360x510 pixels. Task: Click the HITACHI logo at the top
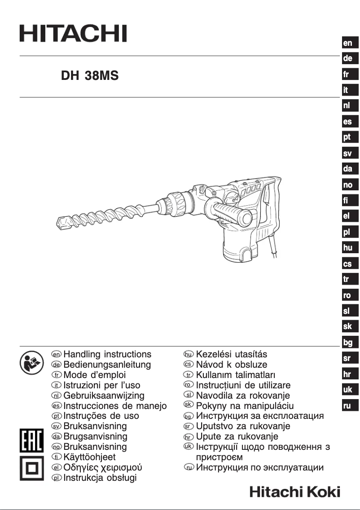73,33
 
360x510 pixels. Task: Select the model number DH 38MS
90,76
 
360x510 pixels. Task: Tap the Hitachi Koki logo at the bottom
294,492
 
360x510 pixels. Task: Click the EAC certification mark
31,441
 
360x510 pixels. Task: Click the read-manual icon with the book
30,361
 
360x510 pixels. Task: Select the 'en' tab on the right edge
348,43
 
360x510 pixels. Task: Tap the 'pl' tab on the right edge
348,232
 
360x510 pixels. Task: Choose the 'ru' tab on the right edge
348,405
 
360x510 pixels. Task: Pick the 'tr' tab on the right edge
348,279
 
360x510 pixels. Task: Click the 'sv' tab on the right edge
348,154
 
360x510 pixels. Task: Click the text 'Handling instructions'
107,355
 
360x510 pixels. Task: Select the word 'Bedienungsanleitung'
107,365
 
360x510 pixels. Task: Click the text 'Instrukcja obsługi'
100,478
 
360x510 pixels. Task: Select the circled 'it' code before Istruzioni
57,385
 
